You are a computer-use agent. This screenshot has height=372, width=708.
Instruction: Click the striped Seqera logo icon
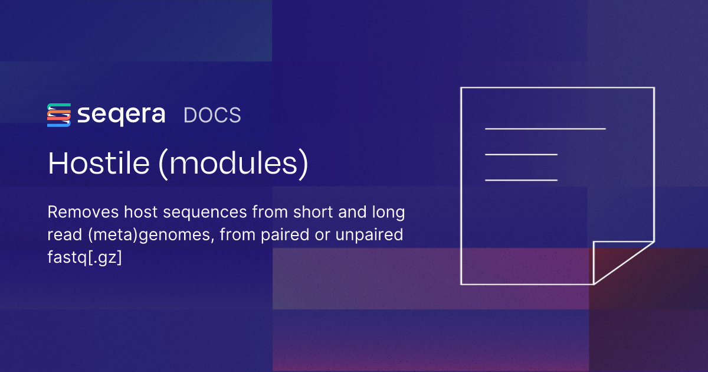click(59, 115)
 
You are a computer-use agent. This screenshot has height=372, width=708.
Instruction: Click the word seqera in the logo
click(122, 115)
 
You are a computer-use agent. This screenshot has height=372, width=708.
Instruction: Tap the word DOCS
click(212, 115)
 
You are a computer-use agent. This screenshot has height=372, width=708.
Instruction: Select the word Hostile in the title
click(99, 163)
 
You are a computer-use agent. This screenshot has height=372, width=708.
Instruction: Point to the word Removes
click(83, 212)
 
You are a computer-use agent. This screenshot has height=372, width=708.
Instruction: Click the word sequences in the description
click(205, 213)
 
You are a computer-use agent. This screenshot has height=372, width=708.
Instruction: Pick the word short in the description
click(313, 212)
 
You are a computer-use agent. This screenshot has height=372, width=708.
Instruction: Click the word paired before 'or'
click(285, 236)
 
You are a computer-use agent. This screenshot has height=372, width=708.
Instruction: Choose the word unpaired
click(369, 236)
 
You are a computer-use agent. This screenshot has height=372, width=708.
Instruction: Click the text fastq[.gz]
click(84, 257)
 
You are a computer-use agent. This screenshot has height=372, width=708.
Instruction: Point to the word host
click(140, 212)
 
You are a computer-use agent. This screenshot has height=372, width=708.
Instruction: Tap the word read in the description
click(65, 235)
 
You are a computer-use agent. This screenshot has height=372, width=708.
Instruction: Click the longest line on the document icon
click(545, 129)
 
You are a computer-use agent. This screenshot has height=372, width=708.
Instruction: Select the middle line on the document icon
click(521, 154)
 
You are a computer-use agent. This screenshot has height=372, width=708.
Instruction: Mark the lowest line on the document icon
click(521, 180)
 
